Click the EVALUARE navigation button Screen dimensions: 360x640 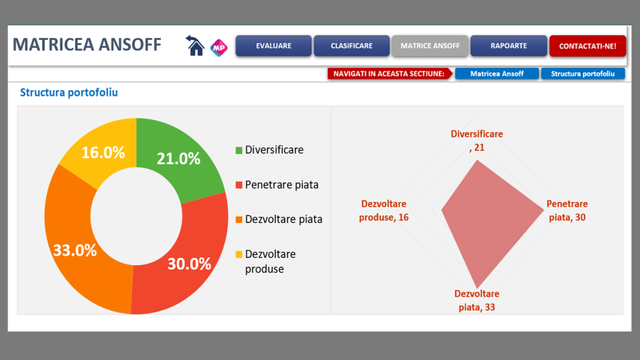[273, 46]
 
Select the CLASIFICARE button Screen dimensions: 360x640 [351, 46]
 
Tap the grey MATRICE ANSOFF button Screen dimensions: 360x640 [430, 46]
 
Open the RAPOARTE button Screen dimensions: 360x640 [509, 46]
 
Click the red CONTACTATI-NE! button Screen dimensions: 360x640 [587, 46]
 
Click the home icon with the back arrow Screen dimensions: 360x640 [195, 46]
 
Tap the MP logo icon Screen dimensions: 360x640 [219, 46]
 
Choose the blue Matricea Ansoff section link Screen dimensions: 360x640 [497, 74]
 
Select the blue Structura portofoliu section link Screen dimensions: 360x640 [583, 74]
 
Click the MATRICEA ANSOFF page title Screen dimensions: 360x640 [87, 45]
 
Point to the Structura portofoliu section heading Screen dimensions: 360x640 [69, 93]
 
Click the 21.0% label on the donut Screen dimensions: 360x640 [178, 159]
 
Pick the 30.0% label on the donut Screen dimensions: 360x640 [189, 264]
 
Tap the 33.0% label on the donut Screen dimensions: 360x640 [75, 251]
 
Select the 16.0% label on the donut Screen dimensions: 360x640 [103, 152]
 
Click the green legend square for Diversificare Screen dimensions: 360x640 [239, 151]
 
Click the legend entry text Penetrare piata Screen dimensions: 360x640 [282, 185]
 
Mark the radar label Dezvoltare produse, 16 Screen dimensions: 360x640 [384, 211]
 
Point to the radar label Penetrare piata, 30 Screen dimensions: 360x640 [567, 211]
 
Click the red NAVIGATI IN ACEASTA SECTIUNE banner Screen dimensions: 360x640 [388, 74]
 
